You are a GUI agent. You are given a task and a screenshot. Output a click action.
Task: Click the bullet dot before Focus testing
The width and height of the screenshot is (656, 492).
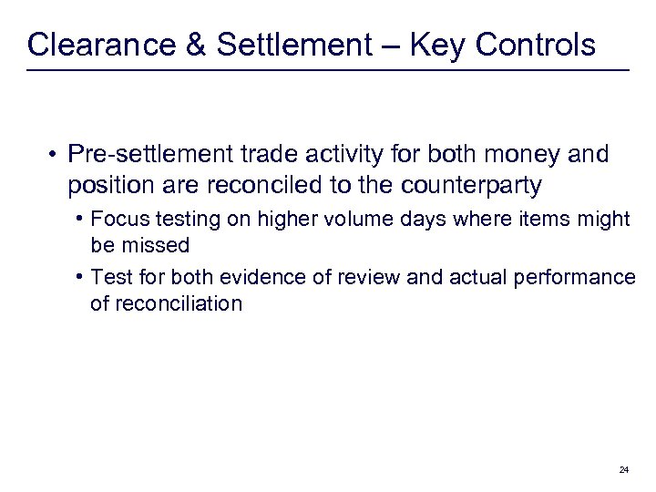[x=82, y=219]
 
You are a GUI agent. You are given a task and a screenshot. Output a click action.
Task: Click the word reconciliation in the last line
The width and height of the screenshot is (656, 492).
[x=166, y=303]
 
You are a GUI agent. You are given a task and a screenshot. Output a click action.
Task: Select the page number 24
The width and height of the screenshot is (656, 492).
[x=623, y=469]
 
